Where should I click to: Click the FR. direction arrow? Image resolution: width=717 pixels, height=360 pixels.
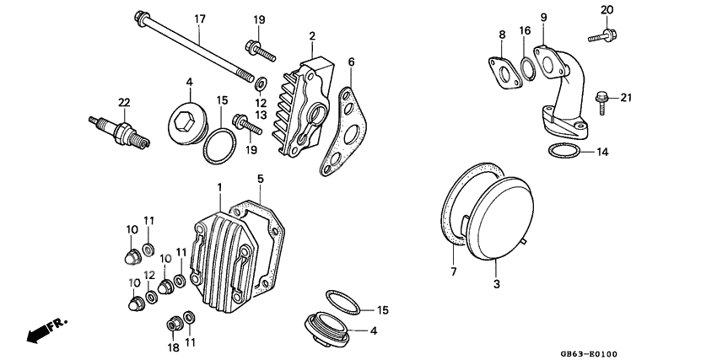(46, 330)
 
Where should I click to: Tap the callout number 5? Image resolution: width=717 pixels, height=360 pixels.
(261, 179)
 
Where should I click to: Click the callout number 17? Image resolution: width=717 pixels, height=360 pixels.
(200, 19)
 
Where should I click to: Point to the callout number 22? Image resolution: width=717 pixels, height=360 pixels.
(124, 102)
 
